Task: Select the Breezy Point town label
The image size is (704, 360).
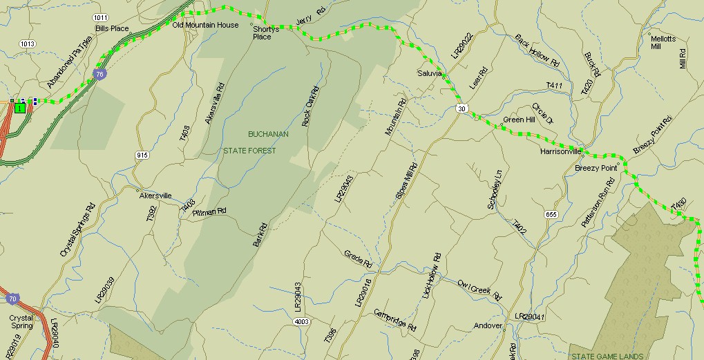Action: (596, 168)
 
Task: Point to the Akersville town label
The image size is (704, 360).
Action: (155, 196)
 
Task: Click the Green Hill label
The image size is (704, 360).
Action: (519, 120)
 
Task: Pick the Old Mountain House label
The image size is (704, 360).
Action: (205, 25)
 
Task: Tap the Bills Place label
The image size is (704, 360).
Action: (112, 28)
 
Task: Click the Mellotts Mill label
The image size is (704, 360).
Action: (663, 43)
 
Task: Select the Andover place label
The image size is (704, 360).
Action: (488, 325)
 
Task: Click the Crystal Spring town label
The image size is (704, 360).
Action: (21, 322)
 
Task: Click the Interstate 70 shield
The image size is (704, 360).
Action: (12, 299)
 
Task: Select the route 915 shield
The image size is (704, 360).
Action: (142, 155)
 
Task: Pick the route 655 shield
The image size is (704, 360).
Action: (551, 214)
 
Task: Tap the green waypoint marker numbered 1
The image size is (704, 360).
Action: (20, 107)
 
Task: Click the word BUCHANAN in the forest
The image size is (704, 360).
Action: (268, 134)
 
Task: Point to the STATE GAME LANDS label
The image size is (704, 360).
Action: (607, 357)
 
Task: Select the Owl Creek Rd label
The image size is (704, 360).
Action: (478, 286)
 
